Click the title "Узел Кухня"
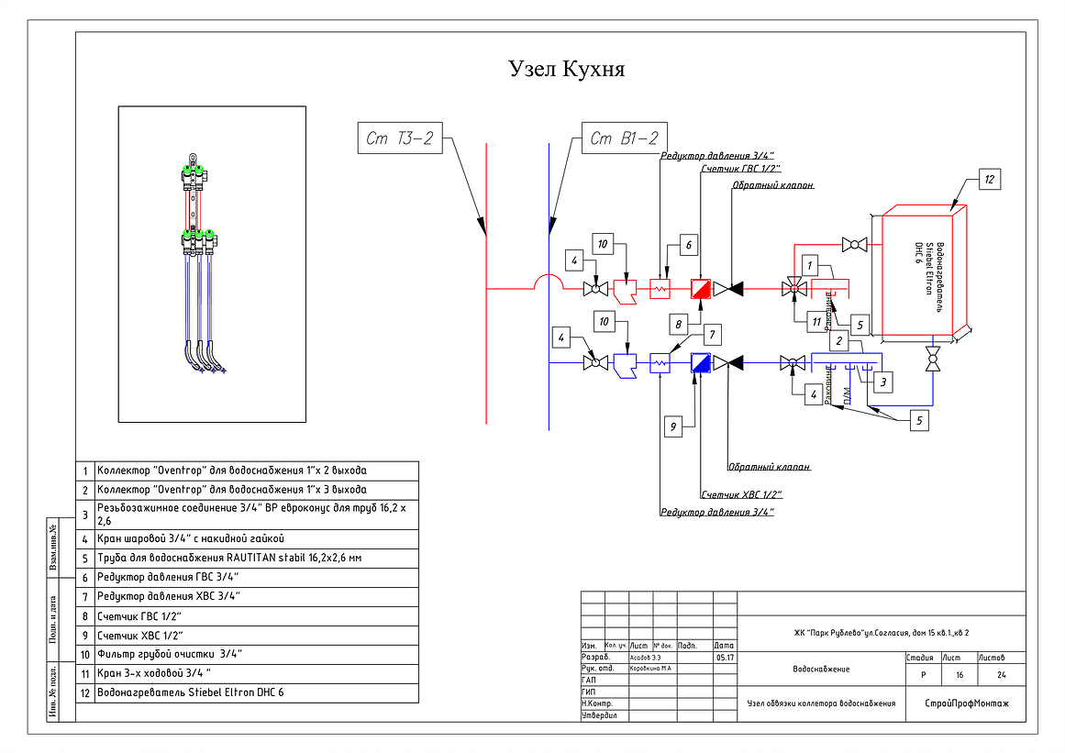pos(566,69)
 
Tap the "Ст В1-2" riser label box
pos(624,139)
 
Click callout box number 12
pos(989,179)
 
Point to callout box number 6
pos(688,244)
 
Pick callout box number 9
pos(671,426)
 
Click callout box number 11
pos(815,321)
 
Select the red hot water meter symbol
pos(702,289)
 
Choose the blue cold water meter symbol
pos(702,363)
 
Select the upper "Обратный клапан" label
pos(772,185)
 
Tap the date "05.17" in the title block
pos(725,658)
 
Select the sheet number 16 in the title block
pos(960,675)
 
